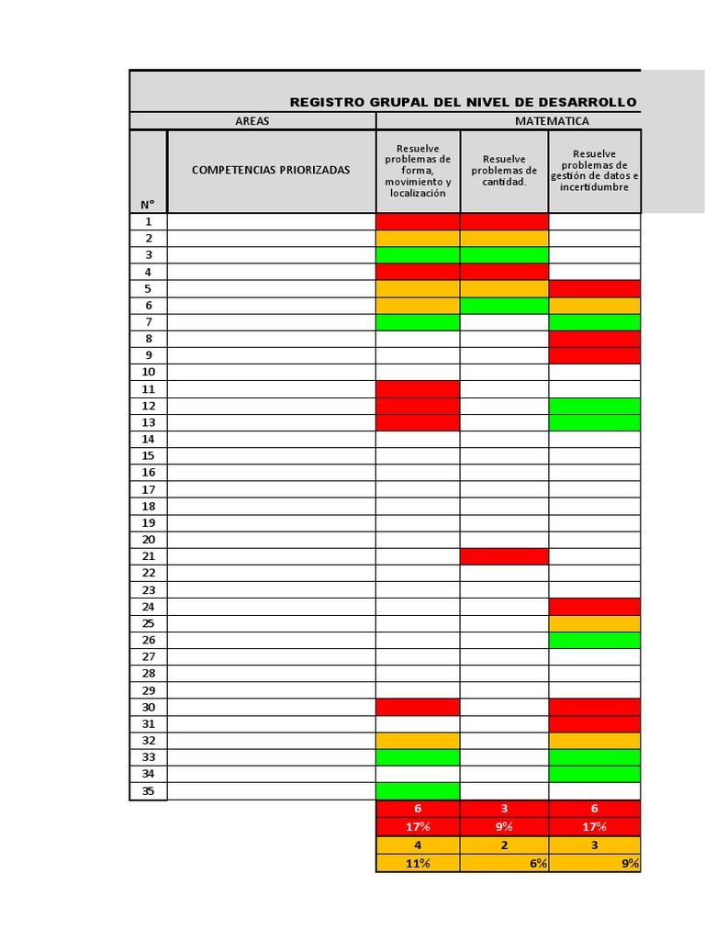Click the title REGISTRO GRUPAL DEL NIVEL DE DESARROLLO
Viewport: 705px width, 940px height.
pyautogui.click(x=463, y=102)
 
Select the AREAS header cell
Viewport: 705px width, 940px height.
pyautogui.click(x=252, y=121)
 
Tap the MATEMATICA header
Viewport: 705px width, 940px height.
pyautogui.click(x=552, y=121)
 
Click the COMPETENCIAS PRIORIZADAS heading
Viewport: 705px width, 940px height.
pyautogui.click(x=271, y=170)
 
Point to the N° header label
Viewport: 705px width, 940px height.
pyautogui.click(x=148, y=204)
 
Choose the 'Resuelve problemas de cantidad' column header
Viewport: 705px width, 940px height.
pyautogui.click(x=504, y=170)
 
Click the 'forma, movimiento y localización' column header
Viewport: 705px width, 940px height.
pyautogui.click(x=418, y=171)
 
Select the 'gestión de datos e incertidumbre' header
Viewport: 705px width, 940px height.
pyautogui.click(x=595, y=171)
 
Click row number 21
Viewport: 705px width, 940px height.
pyautogui.click(x=149, y=556)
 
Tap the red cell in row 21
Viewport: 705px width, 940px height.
pyautogui.click(x=504, y=556)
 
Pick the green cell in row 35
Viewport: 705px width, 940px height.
pyautogui.click(x=418, y=790)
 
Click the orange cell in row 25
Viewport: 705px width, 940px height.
pyautogui.click(x=595, y=623)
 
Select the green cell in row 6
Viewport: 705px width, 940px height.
pyautogui.click(x=504, y=305)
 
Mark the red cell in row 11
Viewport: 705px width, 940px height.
pyautogui.click(x=418, y=389)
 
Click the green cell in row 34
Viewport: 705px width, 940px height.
pyautogui.click(x=595, y=774)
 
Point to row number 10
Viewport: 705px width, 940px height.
pyautogui.click(x=149, y=372)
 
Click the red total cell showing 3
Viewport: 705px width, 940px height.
pyautogui.click(x=504, y=809)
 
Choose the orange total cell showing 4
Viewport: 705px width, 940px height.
pyautogui.click(x=418, y=845)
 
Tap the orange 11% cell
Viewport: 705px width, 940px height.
pyautogui.click(x=418, y=863)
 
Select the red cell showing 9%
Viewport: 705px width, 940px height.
pyautogui.click(x=504, y=827)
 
